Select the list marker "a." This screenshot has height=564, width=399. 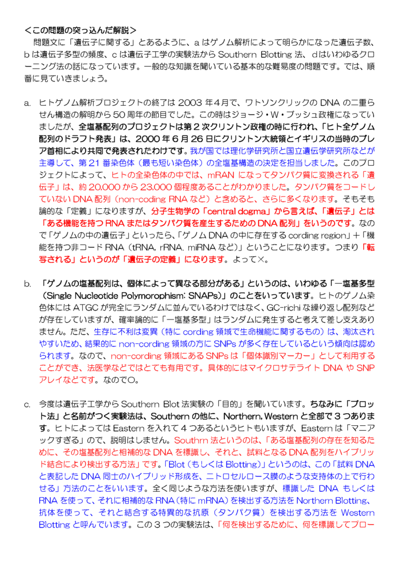coord(27,103)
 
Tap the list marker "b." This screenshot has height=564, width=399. coord(27,284)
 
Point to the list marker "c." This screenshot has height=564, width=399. coord(27,405)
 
